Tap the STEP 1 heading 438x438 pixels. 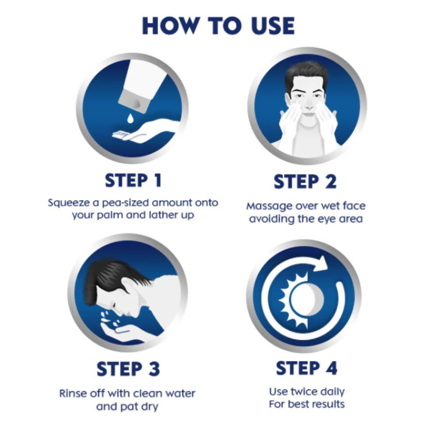pyautogui.click(x=133, y=180)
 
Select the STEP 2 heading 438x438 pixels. pyautogui.click(x=305, y=182)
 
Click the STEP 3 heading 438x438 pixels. pyautogui.click(x=128, y=369)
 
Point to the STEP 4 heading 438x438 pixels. pyautogui.click(x=307, y=368)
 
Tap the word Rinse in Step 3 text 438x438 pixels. pyautogui.click(x=72, y=393)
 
